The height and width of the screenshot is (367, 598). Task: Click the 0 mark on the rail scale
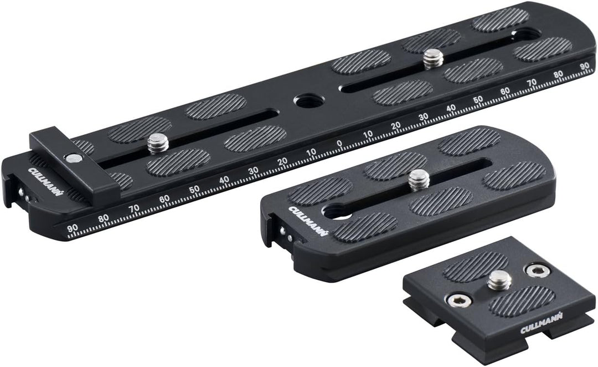tap(339, 142)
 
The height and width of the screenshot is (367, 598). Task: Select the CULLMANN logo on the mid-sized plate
tap(305, 220)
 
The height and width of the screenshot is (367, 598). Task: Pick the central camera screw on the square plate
tap(499, 281)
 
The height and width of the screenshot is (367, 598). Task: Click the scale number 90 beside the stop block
tap(71, 228)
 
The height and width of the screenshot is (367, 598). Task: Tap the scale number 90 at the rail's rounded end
tap(584, 65)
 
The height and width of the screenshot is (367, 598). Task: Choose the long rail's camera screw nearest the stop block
tap(158, 144)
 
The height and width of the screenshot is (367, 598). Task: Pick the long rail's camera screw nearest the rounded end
tap(432, 58)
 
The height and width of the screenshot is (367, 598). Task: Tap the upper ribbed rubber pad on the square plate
tap(476, 266)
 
